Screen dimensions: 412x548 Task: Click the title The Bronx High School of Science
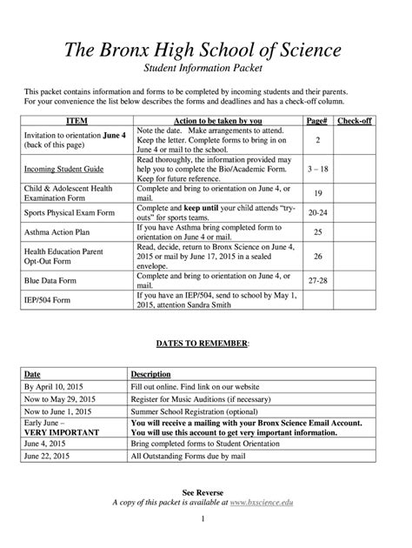206,49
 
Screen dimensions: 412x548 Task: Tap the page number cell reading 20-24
317,211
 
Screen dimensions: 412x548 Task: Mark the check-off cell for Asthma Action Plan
355,232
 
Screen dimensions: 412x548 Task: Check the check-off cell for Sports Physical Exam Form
355,211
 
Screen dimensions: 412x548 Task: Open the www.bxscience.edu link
268,504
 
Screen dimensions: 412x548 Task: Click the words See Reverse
206,492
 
